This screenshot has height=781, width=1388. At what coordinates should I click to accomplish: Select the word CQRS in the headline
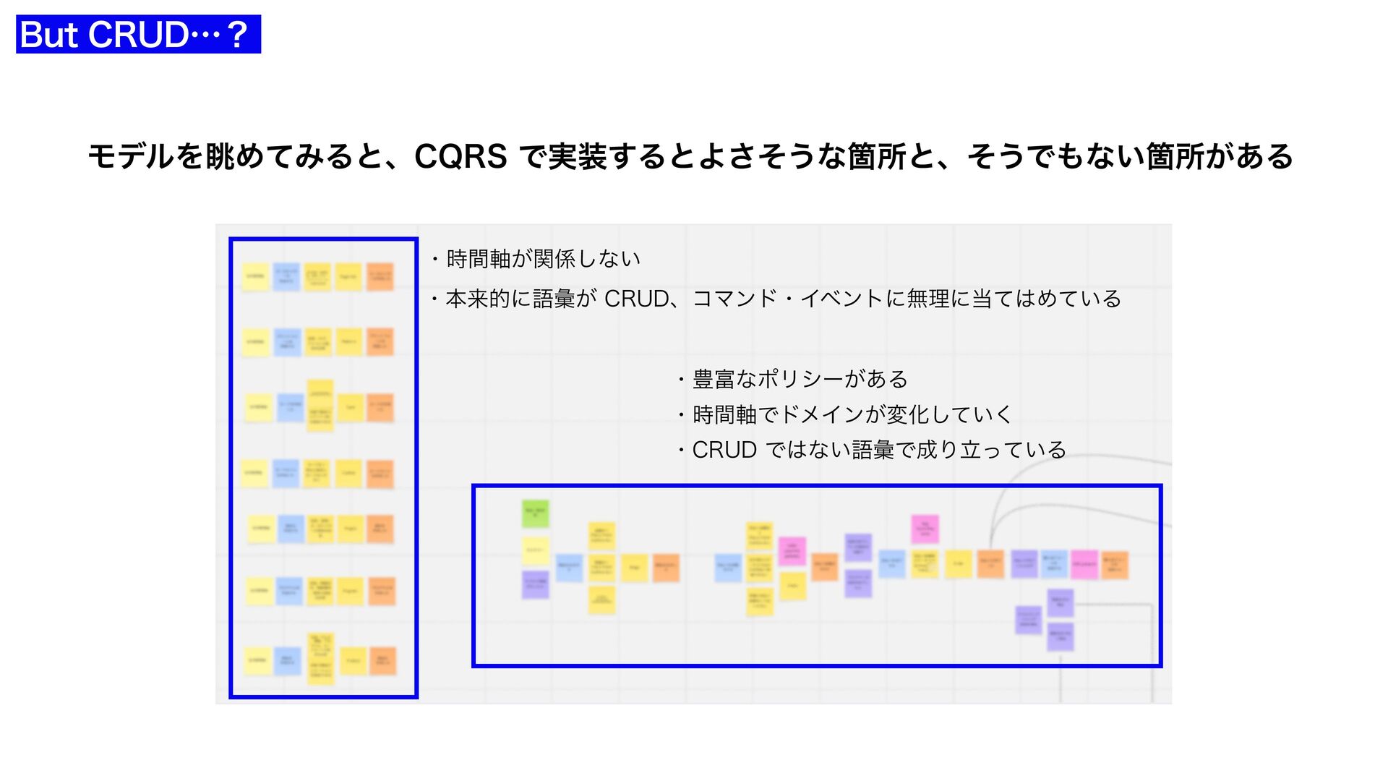point(460,156)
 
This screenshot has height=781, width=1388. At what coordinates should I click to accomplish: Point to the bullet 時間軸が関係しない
point(543,259)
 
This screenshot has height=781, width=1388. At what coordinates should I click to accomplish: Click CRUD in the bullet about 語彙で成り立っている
point(724,450)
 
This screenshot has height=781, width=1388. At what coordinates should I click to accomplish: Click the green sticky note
point(536,513)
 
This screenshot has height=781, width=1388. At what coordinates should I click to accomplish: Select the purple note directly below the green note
point(536,584)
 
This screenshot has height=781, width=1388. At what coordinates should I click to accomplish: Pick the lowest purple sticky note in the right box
point(1060,637)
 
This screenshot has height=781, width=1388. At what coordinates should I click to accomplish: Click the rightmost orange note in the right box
point(1114,565)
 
